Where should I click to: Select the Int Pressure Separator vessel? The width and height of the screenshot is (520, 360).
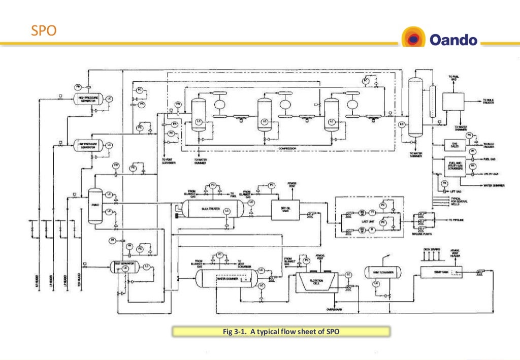tap(87, 146)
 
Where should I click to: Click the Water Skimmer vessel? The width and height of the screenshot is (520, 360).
tap(227, 278)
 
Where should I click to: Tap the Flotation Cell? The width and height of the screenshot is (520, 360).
tap(316, 279)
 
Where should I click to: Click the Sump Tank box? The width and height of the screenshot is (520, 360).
tap(439, 272)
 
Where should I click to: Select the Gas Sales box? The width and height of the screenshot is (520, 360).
tap(454, 145)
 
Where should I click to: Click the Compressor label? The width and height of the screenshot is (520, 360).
tap(287, 149)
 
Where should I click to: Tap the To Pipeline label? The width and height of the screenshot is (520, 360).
tap(458, 219)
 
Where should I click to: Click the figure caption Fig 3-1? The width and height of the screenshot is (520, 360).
tap(281, 332)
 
